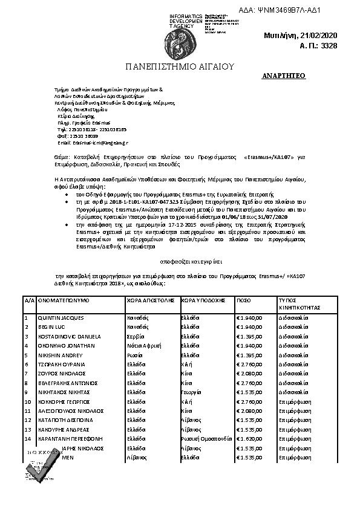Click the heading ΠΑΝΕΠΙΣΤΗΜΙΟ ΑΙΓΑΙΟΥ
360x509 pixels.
click(180, 66)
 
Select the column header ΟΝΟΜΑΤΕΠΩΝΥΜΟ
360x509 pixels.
click(64, 300)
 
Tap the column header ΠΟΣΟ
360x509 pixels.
click(244, 300)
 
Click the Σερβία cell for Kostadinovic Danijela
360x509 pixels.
click(135, 336)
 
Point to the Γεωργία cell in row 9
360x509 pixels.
click(192, 392)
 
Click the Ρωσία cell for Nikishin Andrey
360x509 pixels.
click(134, 355)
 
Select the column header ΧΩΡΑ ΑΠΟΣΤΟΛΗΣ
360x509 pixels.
click(151, 300)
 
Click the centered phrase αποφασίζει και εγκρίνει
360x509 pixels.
click(179, 263)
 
